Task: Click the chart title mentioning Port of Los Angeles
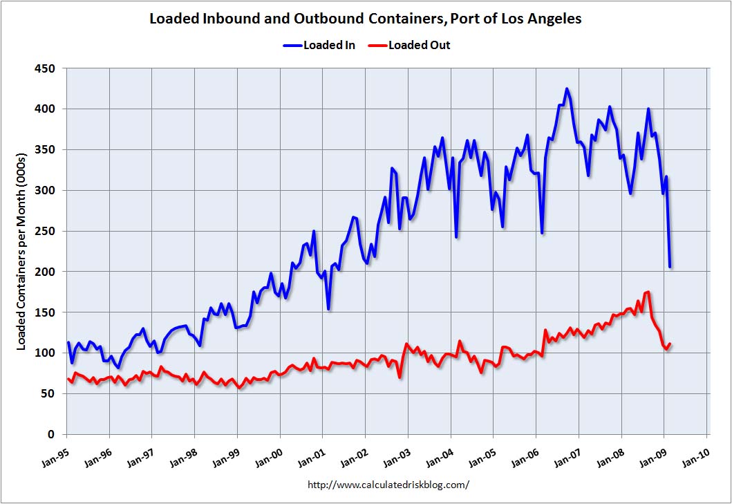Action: [x=366, y=19]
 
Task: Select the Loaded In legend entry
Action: [x=319, y=46]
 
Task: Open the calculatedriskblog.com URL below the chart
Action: [x=388, y=485]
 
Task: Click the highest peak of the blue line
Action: [x=567, y=88]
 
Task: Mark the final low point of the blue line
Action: [x=670, y=267]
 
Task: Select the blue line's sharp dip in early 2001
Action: [x=329, y=308]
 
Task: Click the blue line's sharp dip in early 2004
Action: [x=456, y=237]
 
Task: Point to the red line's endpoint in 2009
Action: [x=670, y=344]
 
